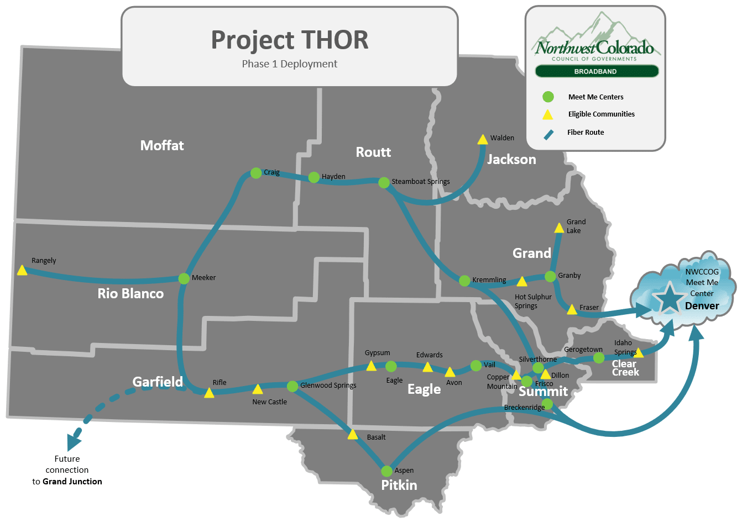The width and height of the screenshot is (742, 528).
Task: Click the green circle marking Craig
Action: point(256,173)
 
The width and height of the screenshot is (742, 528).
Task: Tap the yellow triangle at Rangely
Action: point(22,270)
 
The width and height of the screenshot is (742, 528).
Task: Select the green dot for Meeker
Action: point(184,278)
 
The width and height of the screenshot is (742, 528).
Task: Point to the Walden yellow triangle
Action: point(483,140)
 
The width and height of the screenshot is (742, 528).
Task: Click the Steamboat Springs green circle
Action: point(384,182)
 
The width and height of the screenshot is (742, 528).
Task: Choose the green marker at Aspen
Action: point(387,471)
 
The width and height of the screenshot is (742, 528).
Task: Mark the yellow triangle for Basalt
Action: point(353,435)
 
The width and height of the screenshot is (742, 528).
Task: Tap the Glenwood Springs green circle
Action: point(292,386)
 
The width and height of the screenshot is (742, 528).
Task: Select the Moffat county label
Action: point(162,145)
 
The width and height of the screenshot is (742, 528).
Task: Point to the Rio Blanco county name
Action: point(130,293)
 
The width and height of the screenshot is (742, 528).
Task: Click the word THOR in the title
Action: point(335,40)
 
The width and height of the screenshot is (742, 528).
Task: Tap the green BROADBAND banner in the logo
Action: point(595,71)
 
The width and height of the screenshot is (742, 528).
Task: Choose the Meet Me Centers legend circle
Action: point(548,97)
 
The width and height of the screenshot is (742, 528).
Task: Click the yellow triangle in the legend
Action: point(547,114)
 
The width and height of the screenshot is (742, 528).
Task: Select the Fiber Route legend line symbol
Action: point(548,134)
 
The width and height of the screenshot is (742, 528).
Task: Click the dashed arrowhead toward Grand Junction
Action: point(74,441)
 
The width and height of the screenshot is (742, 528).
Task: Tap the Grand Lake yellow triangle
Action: point(559,228)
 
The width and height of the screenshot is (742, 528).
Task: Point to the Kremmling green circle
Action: point(464,281)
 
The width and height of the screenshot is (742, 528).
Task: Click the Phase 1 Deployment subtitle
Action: point(289,64)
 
